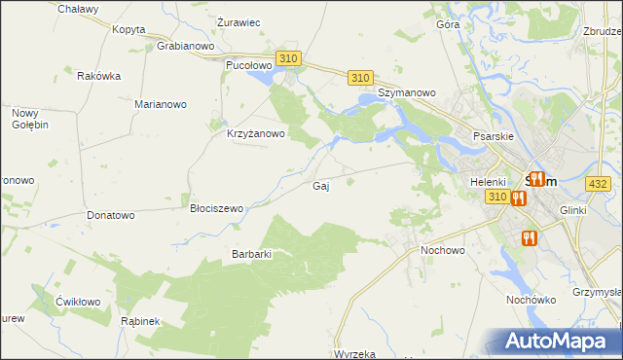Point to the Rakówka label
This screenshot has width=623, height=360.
(98, 76)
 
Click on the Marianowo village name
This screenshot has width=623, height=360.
(161, 104)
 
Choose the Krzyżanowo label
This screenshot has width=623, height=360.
(255, 134)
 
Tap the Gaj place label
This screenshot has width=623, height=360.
(320, 186)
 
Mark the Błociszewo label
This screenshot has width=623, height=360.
(217, 208)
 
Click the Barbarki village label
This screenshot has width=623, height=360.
(250, 254)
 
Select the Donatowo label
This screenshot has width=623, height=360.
(110, 215)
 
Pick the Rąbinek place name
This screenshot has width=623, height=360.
(140, 321)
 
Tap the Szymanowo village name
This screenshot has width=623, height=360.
(407, 92)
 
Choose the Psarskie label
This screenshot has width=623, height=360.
(494, 137)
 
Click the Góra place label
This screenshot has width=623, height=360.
(448, 24)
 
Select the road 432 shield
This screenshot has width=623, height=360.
(598, 183)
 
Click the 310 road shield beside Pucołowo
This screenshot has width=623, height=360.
(287, 59)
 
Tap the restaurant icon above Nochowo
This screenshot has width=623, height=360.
(529, 236)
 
